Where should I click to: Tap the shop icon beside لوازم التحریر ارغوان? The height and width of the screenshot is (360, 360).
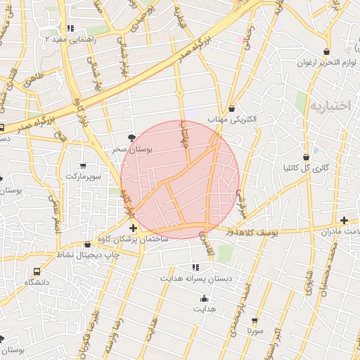(x=327, y=51)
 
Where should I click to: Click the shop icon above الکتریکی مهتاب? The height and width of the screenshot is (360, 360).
(x=231, y=108)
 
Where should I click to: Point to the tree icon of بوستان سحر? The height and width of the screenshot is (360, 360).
(x=131, y=138)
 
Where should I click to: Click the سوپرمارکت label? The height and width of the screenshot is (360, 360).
(x=84, y=175)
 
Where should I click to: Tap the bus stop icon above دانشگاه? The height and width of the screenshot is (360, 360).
(x=37, y=271)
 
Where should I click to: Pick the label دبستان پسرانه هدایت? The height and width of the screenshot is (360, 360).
(x=197, y=278)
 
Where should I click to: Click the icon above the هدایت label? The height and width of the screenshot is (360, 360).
(x=204, y=298)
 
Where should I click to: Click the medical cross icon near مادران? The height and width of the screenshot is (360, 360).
(x=344, y=221)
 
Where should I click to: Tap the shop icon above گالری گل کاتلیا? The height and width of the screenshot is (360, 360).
(x=306, y=157)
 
